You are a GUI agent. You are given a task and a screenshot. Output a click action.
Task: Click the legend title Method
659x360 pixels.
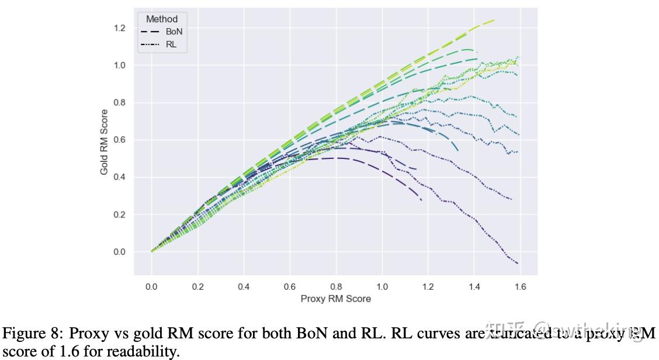(162, 19)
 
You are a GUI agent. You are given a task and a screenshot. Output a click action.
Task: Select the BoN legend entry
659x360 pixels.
(174, 32)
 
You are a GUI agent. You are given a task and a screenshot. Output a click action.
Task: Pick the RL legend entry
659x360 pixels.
(171, 44)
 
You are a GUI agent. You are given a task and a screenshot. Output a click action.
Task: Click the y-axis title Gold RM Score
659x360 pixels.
(104, 142)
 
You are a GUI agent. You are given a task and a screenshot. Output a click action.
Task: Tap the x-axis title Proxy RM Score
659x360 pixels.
(335, 299)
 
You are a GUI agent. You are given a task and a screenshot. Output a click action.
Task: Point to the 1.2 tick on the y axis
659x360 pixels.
(120, 28)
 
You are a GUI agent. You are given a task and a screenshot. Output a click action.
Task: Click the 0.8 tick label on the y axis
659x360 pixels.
(120, 103)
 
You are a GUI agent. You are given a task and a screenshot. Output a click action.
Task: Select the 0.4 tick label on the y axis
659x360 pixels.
(120, 177)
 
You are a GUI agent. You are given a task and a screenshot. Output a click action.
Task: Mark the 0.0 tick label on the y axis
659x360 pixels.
(120, 252)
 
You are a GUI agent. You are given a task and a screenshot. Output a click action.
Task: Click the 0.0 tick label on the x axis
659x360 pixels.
(151, 286)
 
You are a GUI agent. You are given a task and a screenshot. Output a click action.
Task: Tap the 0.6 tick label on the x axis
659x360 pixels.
(290, 286)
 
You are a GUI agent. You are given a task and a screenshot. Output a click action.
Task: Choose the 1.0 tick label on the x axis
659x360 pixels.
(382, 286)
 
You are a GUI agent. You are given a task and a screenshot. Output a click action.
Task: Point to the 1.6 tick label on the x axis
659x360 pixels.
(520, 286)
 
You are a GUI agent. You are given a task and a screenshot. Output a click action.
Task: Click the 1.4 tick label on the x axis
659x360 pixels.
(474, 286)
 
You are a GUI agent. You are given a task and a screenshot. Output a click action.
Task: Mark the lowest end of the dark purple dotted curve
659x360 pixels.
(518, 264)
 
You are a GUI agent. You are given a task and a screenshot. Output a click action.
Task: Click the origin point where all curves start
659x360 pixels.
(151, 251)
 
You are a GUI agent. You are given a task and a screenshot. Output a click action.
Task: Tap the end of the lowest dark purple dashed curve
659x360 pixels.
(421, 200)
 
